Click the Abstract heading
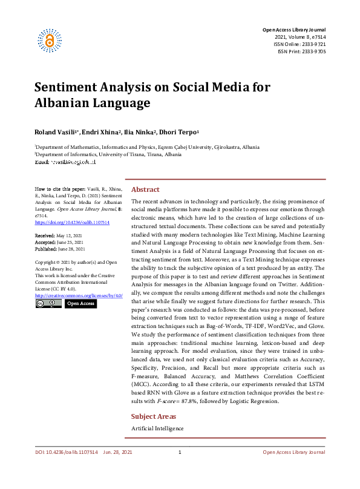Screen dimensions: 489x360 tap(145, 189)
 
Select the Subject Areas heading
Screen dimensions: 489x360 tap(154, 416)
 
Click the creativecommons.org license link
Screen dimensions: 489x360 tap(79, 295)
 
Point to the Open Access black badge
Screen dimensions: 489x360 tap(80, 303)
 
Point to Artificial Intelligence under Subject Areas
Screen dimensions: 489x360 tap(157, 428)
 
